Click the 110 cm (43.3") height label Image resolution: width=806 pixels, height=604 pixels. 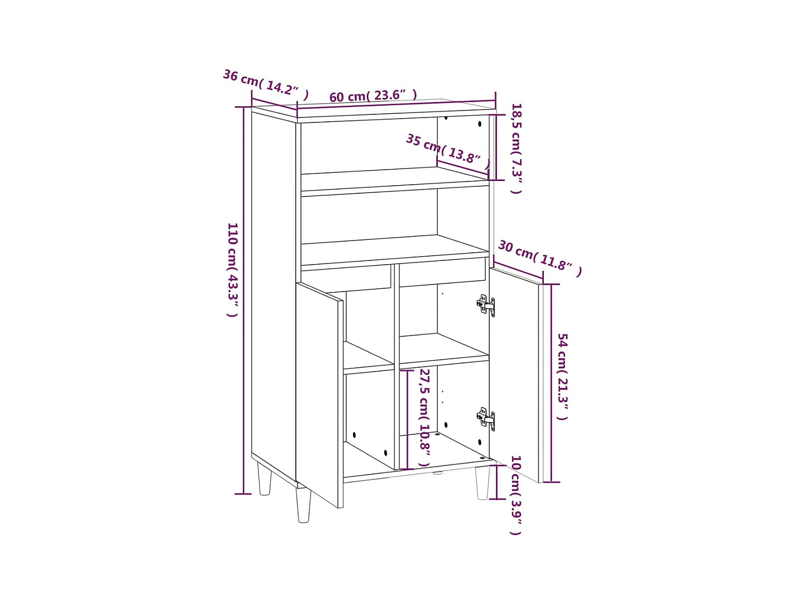click(x=232, y=270)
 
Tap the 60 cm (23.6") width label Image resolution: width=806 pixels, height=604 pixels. click(x=373, y=96)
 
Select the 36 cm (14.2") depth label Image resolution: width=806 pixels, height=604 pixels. click(x=265, y=84)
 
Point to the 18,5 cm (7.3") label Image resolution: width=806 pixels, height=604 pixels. click(x=516, y=148)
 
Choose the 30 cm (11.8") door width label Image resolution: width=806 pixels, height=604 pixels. click(x=539, y=258)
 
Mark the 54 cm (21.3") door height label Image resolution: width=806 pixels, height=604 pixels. click(x=563, y=376)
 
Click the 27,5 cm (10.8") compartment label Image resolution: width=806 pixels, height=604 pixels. click(x=424, y=417)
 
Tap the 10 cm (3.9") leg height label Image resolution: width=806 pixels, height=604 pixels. click(x=516, y=495)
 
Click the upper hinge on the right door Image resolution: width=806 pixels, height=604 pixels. click(x=486, y=305)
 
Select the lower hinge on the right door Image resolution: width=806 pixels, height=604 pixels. click(x=486, y=418)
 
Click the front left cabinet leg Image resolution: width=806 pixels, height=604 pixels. click(x=304, y=504)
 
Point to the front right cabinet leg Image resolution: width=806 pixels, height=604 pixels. click(x=483, y=483)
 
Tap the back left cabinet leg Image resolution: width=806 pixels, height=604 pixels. click(x=264, y=479)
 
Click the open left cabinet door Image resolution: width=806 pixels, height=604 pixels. click(x=319, y=395)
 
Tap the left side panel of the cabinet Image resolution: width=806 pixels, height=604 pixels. click(x=273, y=290)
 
